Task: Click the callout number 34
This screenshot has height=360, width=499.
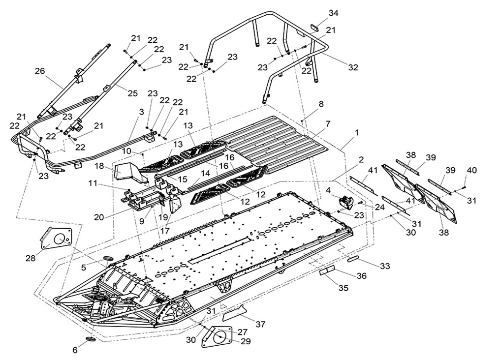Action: (x=333, y=13)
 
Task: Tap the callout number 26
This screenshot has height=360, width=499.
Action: (x=39, y=71)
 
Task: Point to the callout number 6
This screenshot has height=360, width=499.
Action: (x=75, y=350)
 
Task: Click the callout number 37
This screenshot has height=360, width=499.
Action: (x=260, y=324)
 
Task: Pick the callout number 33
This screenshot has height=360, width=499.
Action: (x=384, y=266)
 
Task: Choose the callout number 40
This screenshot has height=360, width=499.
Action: (x=471, y=170)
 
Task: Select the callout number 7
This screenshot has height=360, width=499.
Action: (x=328, y=123)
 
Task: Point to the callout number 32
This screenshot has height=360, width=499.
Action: (x=353, y=67)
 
